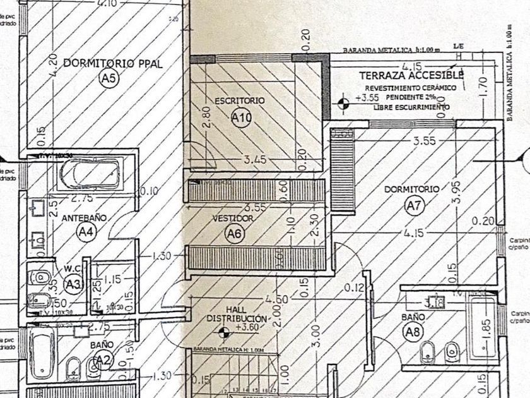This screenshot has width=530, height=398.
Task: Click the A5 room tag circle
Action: pos(109,78)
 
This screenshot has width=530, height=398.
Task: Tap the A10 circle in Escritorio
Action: pos(242,118)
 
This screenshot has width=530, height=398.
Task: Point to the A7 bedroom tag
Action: pos(413,205)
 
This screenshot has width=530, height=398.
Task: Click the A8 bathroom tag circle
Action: pos(413,332)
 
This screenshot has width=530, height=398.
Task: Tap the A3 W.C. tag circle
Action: pos(74,285)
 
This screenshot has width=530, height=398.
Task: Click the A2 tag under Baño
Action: pos(101,361)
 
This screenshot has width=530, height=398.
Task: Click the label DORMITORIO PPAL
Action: pos(104,63)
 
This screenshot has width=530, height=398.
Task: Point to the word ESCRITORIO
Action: pos(240,100)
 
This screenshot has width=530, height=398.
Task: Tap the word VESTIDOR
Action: pos(233,219)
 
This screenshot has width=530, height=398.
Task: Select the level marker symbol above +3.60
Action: pos(221,333)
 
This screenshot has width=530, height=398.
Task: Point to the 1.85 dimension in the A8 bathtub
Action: pos(485,330)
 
